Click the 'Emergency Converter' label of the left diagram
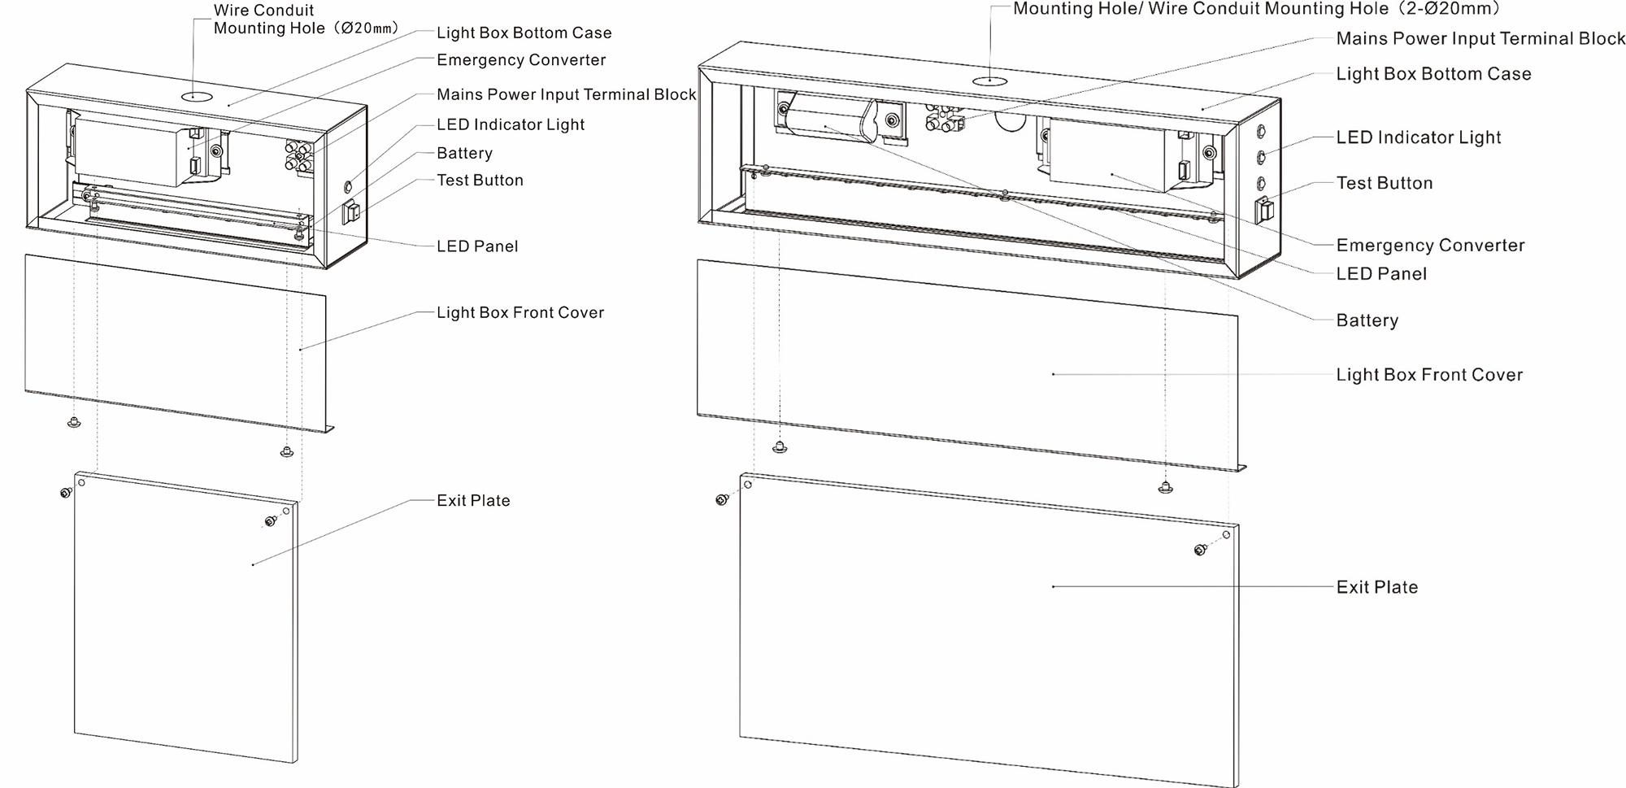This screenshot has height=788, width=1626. [x=521, y=60]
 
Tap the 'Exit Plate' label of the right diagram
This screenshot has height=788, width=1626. [x=1377, y=587]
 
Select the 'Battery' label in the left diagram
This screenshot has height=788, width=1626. [x=464, y=153]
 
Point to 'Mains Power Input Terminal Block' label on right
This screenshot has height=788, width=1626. [x=1480, y=38]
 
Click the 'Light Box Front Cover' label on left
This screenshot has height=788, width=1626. [x=520, y=312]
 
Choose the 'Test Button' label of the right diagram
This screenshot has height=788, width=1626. [x=1385, y=183]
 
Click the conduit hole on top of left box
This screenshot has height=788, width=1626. [x=196, y=97]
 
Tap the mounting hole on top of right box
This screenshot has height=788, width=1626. [x=989, y=81]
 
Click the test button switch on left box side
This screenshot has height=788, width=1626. [x=351, y=212]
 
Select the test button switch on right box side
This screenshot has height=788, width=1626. [x=1263, y=210]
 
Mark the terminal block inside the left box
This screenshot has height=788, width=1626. [x=298, y=155]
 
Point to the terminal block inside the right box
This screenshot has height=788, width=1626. [x=944, y=119]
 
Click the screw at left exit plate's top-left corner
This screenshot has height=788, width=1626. [x=66, y=492]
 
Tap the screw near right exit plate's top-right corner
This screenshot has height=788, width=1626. [x=1200, y=551]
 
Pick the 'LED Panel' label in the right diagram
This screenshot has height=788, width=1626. [x=1381, y=274]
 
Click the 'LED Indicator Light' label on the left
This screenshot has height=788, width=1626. [x=511, y=124]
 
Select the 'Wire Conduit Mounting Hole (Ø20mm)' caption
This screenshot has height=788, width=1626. [x=307, y=20]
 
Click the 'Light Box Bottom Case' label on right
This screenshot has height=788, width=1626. [x=1433, y=74]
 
